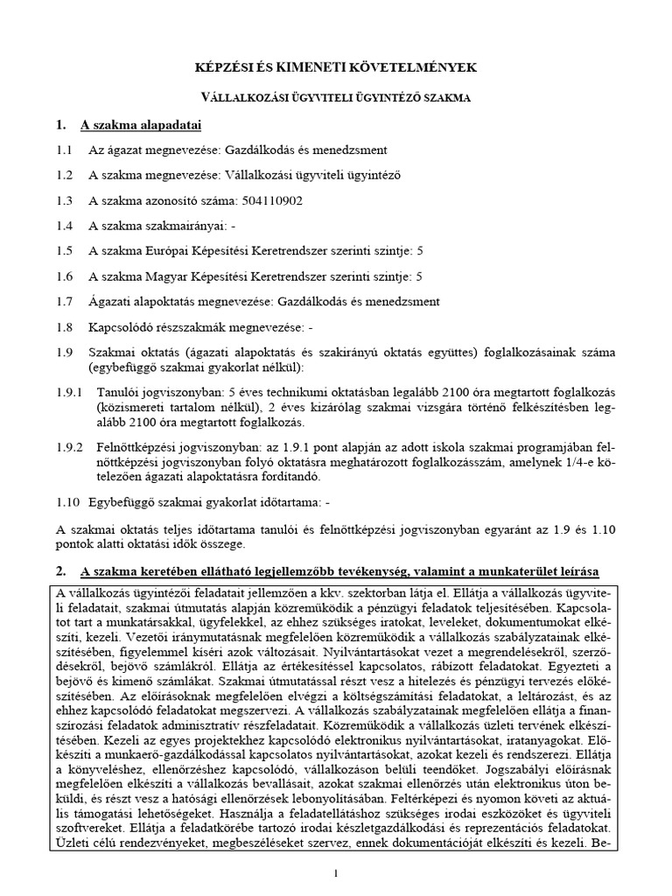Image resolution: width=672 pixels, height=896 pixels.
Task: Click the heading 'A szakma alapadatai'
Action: (140, 124)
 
